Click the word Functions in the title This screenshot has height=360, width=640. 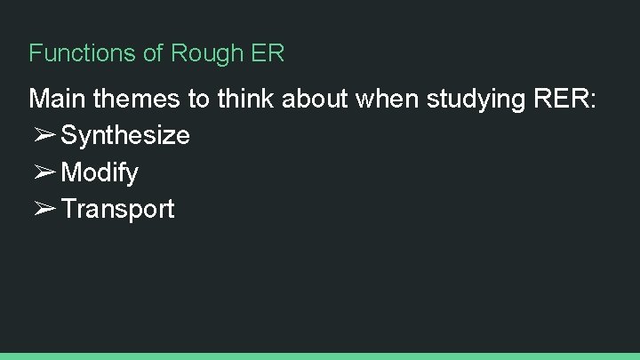83,53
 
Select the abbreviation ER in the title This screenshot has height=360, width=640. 268,53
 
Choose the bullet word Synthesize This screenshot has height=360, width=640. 125,136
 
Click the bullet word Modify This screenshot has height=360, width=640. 100,172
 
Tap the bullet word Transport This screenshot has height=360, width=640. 118,210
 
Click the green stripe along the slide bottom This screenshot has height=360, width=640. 320,356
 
